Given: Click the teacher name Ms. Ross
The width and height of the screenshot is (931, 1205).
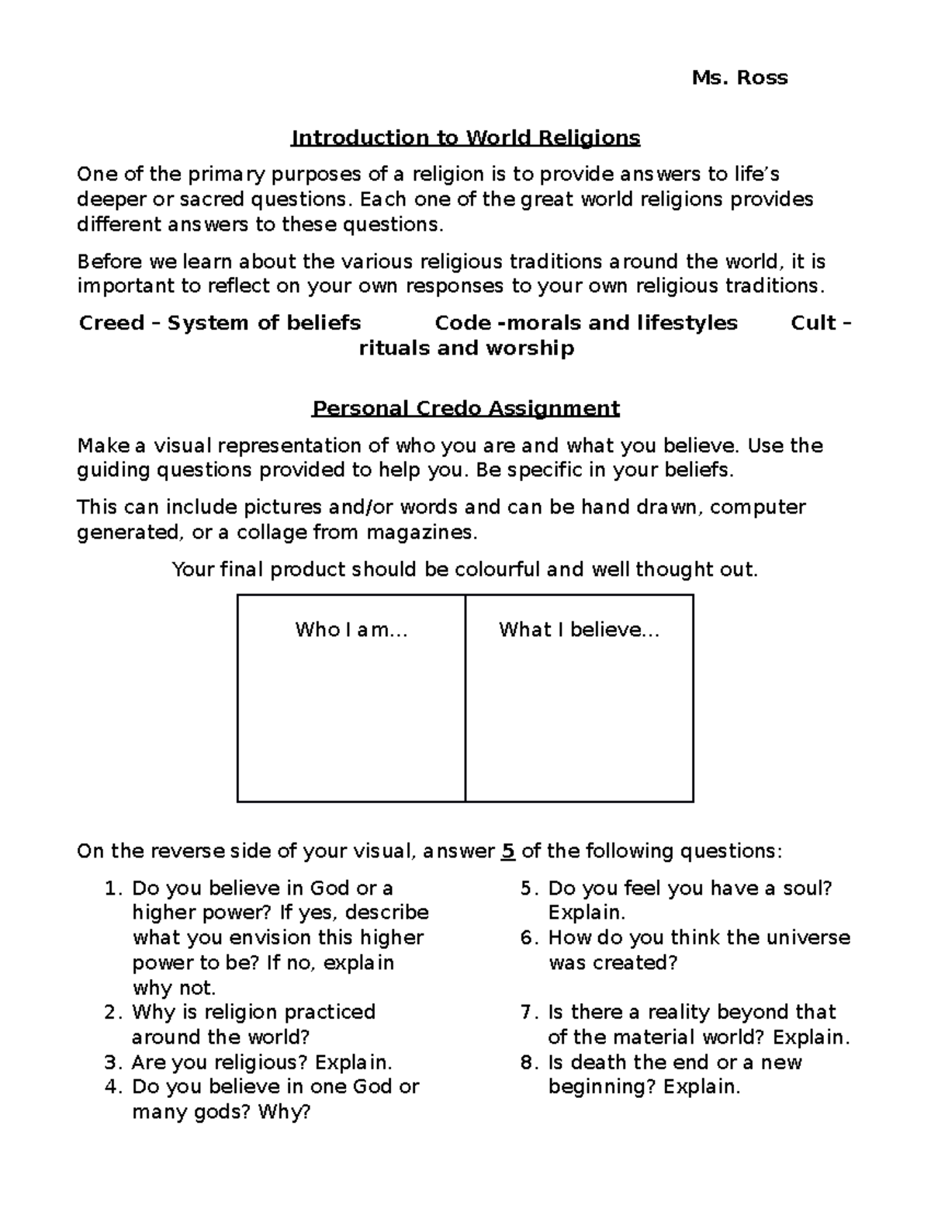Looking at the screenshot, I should point(739,78).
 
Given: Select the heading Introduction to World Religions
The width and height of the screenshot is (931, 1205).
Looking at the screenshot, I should point(465,138).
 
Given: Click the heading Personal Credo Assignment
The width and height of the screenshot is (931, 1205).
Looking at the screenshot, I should point(465,408).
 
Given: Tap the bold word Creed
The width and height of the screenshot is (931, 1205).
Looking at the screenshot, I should point(112,323).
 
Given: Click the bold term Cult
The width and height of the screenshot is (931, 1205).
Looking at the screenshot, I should point(814,323).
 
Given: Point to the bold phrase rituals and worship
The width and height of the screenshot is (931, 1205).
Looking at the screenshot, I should point(465,348).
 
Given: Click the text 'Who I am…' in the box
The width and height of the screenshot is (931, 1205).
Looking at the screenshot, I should point(351,629).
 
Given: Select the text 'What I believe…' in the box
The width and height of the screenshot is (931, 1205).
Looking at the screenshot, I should point(579,629).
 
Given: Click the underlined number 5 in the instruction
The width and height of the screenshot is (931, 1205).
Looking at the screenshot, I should point(507,851).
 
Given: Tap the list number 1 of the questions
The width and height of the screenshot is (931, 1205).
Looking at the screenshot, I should point(110,888).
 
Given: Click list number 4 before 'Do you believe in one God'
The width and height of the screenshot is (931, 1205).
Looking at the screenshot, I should point(110,1087).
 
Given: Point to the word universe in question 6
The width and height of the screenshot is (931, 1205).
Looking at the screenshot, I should point(808,937).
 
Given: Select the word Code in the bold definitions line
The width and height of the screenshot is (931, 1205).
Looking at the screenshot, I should point(463,323).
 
